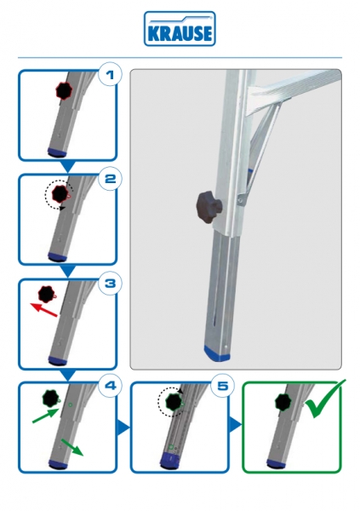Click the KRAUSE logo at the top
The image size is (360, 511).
(x=180, y=29)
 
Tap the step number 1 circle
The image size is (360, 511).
(x=110, y=74)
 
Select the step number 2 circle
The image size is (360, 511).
(x=110, y=178)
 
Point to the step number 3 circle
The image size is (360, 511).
(x=110, y=283)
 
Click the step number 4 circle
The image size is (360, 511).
(x=110, y=386)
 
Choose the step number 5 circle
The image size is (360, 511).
(x=222, y=386)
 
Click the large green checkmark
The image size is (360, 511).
(x=324, y=399)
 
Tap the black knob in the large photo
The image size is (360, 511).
(x=209, y=208)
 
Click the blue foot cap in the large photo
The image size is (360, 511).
(x=218, y=354)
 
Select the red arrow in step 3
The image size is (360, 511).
(x=44, y=310)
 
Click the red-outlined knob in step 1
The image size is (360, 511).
(x=64, y=91)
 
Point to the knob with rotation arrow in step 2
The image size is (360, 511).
(x=60, y=194)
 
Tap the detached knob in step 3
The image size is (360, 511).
(x=48, y=294)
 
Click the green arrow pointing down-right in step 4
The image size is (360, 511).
(x=72, y=447)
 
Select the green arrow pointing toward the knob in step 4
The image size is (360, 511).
(x=46, y=416)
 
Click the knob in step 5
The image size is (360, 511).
(x=174, y=403)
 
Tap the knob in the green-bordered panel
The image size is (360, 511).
(x=283, y=403)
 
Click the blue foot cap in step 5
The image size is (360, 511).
(x=169, y=460)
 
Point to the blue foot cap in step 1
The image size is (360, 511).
(x=57, y=152)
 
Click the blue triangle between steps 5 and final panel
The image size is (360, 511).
(x=236, y=425)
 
